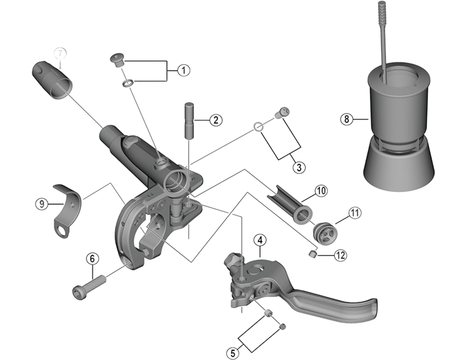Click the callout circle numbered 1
(183, 71)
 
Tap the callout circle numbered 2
(215, 121)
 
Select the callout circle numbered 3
(298, 167)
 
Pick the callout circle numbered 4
(260, 240)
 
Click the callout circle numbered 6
(92, 258)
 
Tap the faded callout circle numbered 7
(61, 53)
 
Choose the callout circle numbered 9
(41, 204)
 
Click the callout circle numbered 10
(320, 191)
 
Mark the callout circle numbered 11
(354, 213)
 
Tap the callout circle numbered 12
(340, 255)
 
